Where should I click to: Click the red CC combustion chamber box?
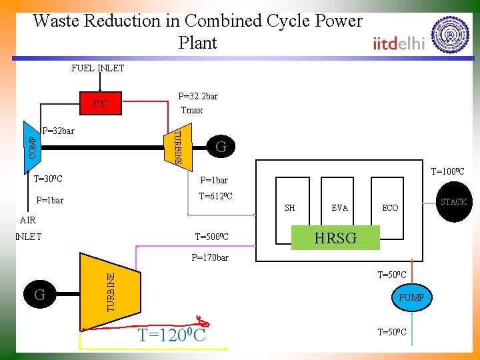coord(100,104)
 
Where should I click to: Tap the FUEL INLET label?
coord(98,68)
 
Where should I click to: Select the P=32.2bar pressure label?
coord(197,96)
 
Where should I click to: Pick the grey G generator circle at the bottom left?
coord(39,293)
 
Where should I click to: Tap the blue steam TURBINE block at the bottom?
coord(109,291)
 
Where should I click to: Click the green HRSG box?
coord(335,238)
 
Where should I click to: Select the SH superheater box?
coord(290,207)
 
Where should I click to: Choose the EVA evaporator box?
coord(339,207)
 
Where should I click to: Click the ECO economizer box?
coord(390,207)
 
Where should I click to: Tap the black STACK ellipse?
coord(453,202)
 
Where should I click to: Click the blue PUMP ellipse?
coord(411,297)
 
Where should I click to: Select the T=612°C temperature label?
coord(215,196)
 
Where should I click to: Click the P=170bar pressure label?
coord(209,257)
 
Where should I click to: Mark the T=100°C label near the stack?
coord(447,172)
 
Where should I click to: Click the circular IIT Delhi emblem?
coord(451,35)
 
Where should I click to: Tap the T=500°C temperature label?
coord(211,237)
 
